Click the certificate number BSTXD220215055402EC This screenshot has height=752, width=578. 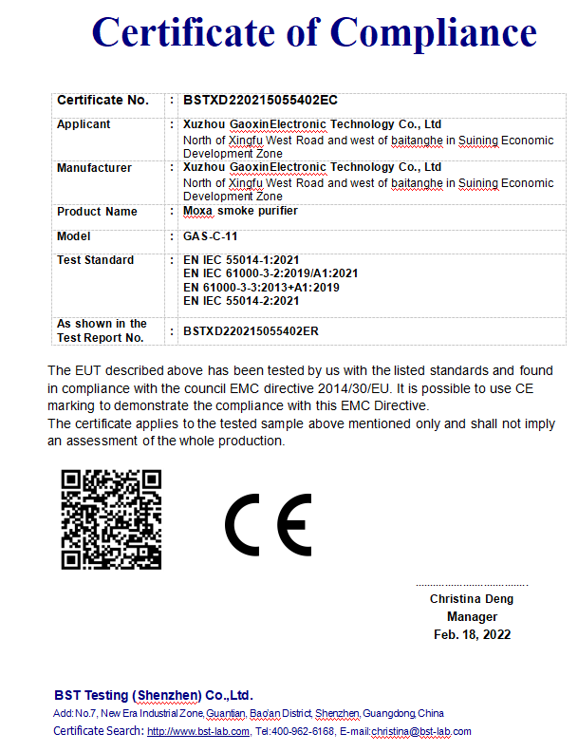[260, 100]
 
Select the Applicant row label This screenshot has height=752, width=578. [84, 124]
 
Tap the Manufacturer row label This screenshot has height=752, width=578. [94, 168]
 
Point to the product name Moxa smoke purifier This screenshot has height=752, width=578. [240, 211]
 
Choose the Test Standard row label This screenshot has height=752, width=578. [95, 260]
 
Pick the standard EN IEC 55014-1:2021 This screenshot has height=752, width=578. [241, 260]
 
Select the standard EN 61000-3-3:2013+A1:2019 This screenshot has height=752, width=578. [261, 287]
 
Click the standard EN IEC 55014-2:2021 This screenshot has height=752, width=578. [241, 301]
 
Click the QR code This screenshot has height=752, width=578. [111, 519]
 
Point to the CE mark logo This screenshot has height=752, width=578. [269, 524]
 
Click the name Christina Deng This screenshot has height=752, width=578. [472, 599]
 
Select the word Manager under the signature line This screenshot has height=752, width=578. [472, 616]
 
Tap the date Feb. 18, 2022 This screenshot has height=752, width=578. [472, 634]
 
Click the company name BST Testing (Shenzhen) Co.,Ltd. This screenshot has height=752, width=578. [154, 695]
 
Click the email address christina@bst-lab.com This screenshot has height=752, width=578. [420, 731]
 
